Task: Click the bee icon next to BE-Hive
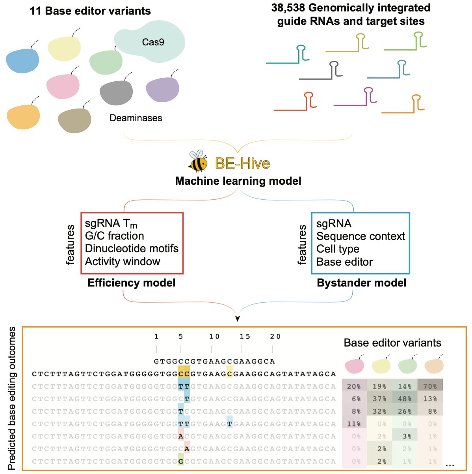coord(198,161)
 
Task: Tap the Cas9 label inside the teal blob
coord(153,42)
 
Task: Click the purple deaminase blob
coord(162,90)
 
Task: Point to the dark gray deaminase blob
coord(116,93)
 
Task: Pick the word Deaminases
coord(136,118)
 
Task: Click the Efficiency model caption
coord(132,283)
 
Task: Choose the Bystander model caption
coord(361,283)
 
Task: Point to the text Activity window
coord(123,262)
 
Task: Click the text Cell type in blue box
coord(338,249)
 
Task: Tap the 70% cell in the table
coord(430,386)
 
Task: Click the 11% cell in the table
coord(354,424)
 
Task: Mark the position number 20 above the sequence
coord(275,336)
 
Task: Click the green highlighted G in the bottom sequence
coord(181,461)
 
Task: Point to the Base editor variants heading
coord(392,343)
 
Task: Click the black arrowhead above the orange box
coord(237,318)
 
